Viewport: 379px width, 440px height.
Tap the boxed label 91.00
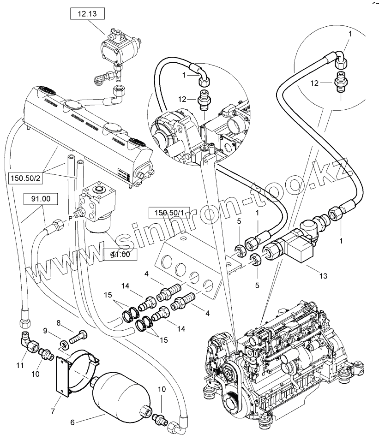pos(41,200)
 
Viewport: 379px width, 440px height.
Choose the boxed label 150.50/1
pos(166,213)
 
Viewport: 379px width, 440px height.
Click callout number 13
pos(323,276)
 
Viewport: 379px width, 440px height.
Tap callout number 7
pos(53,410)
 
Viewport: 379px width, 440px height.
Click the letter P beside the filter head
pos(70,217)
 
